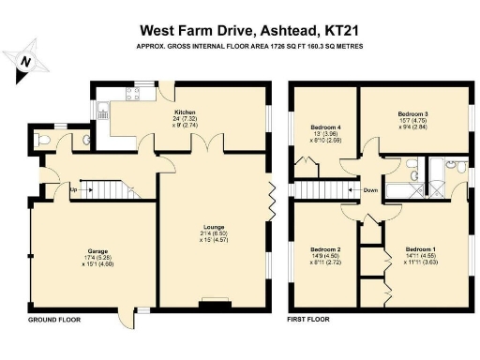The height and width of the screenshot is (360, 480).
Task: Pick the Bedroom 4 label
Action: click(x=326, y=126)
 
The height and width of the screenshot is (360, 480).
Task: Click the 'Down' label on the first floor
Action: click(x=370, y=190)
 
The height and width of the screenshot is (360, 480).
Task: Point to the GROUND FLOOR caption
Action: click(x=53, y=320)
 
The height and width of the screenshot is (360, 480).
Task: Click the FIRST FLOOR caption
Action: click(x=310, y=320)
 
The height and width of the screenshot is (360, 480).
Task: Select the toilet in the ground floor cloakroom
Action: click(x=43, y=141)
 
